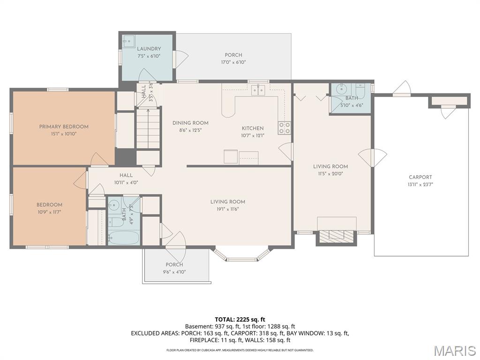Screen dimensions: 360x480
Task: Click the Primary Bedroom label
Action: pos(64,127)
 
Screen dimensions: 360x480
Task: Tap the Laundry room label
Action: pos(149,49)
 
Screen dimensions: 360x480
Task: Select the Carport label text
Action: pos(420,177)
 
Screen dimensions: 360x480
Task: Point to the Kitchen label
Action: pos(253,128)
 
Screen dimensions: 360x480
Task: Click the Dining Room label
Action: pos(190,123)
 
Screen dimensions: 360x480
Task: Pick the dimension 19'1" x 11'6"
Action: pos(228,209)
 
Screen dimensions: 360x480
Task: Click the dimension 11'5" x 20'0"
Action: pos(330,173)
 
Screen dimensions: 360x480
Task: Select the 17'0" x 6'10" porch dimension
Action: pos(233,62)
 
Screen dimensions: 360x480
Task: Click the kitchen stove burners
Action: pos(284,128)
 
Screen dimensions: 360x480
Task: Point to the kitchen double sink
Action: pos(257,90)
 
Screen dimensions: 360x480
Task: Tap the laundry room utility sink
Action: pos(128,41)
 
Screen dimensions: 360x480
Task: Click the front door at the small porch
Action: pos(175,240)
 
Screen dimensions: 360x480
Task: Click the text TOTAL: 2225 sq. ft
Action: pos(240,319)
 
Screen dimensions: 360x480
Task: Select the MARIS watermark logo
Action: pos(454,351)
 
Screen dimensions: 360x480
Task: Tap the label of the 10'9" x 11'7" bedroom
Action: pos(49,205)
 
